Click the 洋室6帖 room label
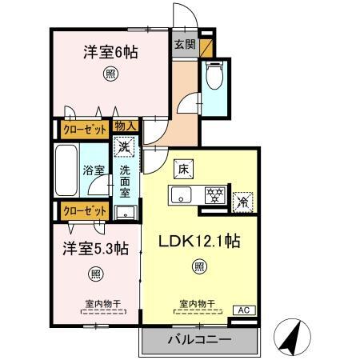tap(110, 53)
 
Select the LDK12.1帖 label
tap(199, 241)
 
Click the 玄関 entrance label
tap(184, 45)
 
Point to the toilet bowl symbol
tap(214, 77)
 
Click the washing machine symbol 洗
tap(123, 146)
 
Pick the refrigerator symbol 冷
tap(241, 203)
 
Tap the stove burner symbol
tap(212, 194)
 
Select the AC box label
tap(241, 310)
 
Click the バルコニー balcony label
tap(199, 339)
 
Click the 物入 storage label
tap(126, 126)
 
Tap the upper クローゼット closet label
tap(82, 127)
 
